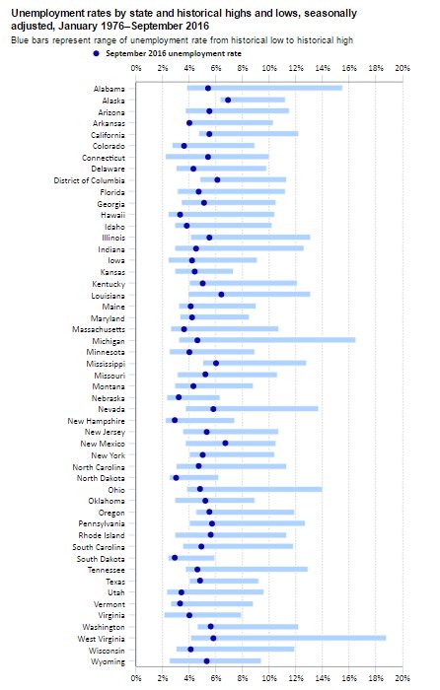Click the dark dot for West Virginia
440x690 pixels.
click(213, 638)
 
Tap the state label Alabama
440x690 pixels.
click(109, 88)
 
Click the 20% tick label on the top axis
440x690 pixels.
click(402, 69)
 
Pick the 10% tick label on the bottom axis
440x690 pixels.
click(268, 677)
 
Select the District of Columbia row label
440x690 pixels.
click(85, 179)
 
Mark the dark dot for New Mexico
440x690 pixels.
click(226, 444)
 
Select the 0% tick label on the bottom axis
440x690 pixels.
click(136, 677)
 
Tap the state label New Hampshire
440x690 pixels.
click(97, 420)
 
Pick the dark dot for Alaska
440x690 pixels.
click(228, 100)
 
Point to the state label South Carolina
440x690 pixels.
click(98, 546)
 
